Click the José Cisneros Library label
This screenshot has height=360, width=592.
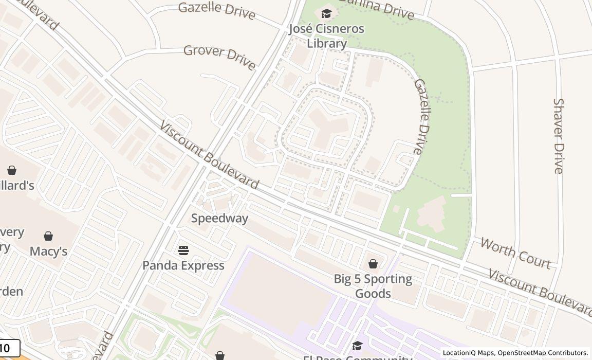tap(326, 36)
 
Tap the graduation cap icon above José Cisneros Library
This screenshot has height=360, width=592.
tap(326, 14)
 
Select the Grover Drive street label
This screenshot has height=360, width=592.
tap(219, 57)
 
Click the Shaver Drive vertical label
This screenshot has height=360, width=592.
tap(559, 136)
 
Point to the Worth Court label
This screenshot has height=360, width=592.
tap(515, 253)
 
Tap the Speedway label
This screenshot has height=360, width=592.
tap(219, 218)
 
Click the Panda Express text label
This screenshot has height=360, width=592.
tap(183, 265)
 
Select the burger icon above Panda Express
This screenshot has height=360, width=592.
tap(183, 250)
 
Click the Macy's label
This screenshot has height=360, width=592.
tap(48, 251)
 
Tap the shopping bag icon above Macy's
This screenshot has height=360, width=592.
tap(48, 236)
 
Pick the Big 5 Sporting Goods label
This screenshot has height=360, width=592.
tap(373, 286)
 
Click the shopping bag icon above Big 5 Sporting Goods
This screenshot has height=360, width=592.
tap(373, 264)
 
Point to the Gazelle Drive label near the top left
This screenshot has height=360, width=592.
tap(216, 11)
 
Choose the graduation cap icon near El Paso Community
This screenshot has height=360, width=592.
tap(357, 346)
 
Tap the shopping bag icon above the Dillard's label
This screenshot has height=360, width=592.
tap(12, 170)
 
